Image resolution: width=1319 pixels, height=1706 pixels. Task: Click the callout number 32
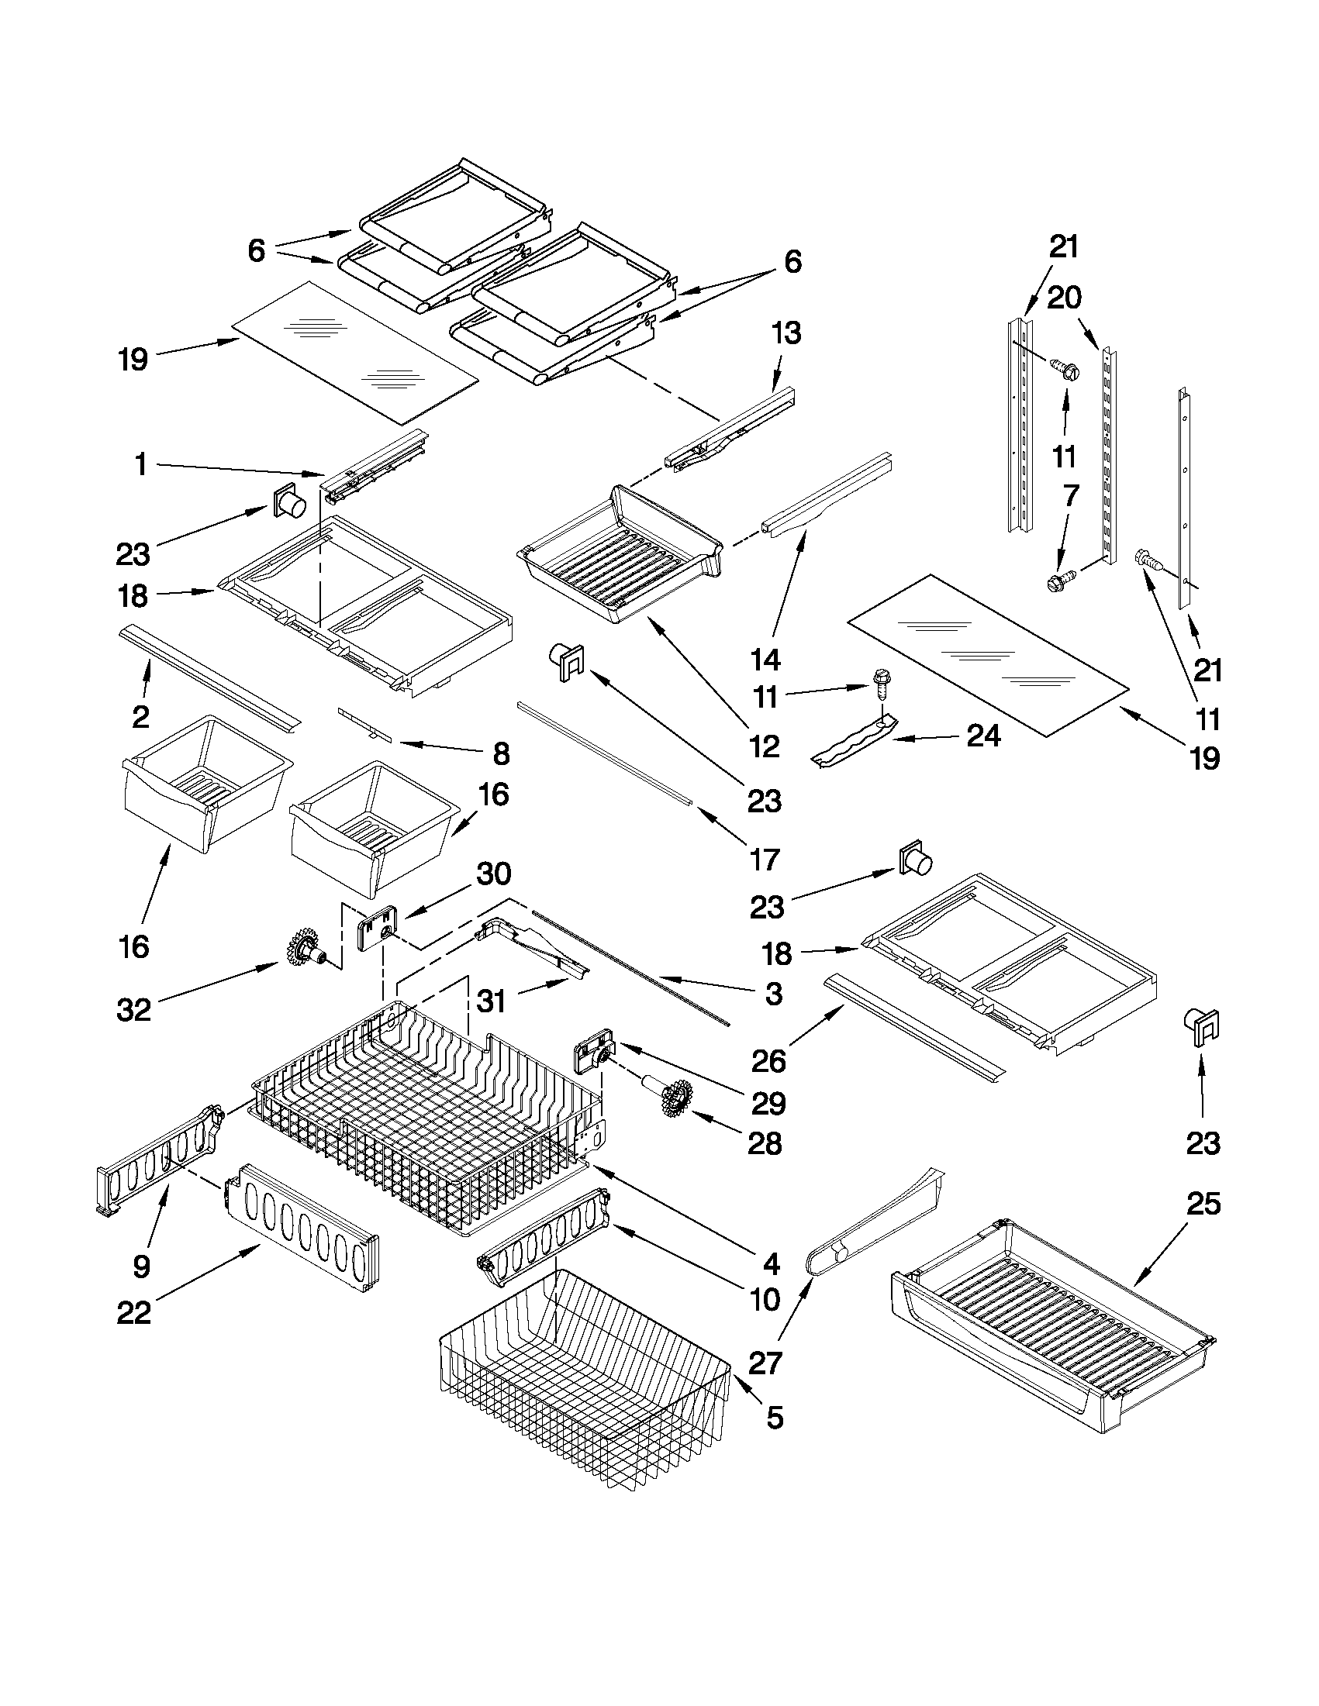click(133, 1011)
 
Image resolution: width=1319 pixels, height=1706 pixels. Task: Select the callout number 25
click(1203, 1204)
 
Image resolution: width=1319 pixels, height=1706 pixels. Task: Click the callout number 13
click(786, 333)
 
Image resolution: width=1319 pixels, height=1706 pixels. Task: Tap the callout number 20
click(1064, 298)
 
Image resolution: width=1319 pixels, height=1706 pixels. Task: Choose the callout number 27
click(765, 1364)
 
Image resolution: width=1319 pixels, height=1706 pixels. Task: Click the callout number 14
click(766, 660)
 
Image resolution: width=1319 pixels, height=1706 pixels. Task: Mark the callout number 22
click(133, 1312)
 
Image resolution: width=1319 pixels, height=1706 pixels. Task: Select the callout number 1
click(140, 466)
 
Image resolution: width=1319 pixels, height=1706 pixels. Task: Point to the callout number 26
click(769, 1061)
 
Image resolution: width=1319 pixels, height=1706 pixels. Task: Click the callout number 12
click(765, 747)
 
